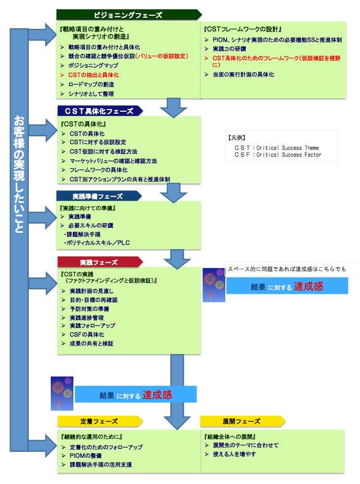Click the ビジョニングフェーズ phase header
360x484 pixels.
tap(128, 15)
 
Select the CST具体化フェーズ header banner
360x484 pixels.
tap(100, 111)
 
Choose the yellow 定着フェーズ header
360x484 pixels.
tap(99, 421)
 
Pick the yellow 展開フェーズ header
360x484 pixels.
tap(241, 421)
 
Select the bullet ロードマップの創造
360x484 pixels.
tap(91, 84)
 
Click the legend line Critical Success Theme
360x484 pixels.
tap(278, 148)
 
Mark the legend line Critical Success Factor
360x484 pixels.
tap(278, 155)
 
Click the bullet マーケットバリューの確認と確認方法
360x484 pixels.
tap(113, 160)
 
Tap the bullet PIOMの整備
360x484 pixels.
tap(87, 456)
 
